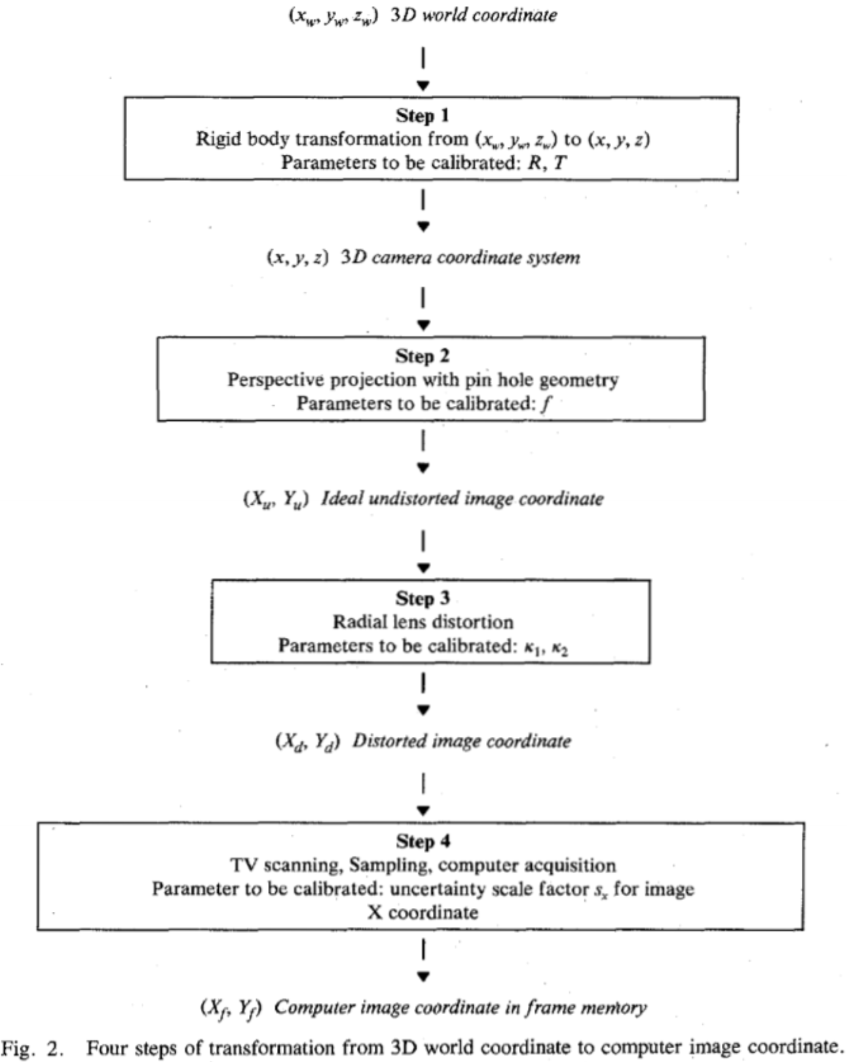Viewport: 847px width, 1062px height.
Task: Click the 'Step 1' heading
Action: (x=423, y=116)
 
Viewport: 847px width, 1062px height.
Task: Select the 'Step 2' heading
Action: (x=423, y=356)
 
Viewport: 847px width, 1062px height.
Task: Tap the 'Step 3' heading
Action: (x=423, y=599)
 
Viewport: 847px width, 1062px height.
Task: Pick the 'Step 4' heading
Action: (x=423, y=841)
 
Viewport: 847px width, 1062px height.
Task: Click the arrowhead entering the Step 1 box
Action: (x=423, y=86)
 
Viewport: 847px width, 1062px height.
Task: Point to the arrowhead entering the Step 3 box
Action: (x=423, y=568)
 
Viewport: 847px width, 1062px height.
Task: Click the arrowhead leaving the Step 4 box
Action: (x=423, y=977)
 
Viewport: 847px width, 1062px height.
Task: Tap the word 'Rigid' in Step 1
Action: (x=217, y=140)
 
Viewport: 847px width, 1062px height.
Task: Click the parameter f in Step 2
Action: (x=545, y=404)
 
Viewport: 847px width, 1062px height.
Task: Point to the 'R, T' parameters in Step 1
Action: (x=546, y=163)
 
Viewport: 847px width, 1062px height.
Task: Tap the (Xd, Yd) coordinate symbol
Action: (x=307, y=742)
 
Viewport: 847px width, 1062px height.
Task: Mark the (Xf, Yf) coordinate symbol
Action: (x=231, y=1008)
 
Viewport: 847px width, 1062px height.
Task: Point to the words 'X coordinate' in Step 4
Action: (x=423, y=913)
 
